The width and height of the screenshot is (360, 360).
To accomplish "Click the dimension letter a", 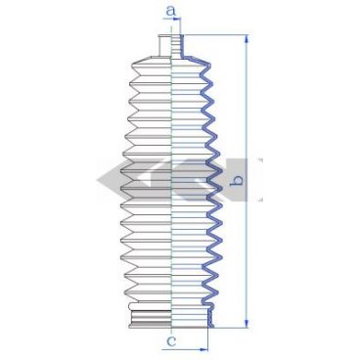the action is point(170,10).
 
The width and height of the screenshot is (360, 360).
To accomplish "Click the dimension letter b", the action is point(237,180).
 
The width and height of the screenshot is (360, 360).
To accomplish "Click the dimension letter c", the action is point(171,341).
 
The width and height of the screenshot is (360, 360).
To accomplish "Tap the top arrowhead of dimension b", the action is point(247,38).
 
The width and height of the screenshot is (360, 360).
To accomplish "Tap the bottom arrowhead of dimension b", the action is point(247,324).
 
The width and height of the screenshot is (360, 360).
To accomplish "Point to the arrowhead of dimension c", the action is point(203,350).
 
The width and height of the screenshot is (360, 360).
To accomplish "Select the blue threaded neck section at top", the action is point(177,45).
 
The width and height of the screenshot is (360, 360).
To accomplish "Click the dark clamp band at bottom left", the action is point(151,316).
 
